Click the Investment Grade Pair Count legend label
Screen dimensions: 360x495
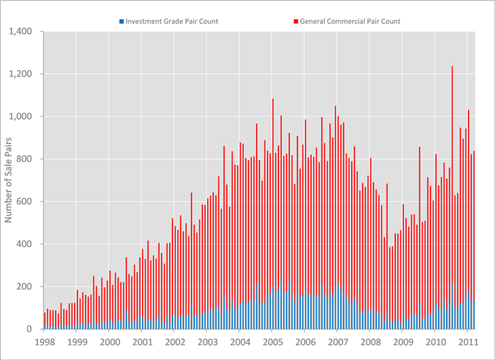tap(172, 21)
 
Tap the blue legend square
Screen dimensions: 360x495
tap(121, 21)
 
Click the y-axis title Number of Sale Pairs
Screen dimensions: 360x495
tap(10, 180)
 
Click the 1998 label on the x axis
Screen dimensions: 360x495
tap(45, 341)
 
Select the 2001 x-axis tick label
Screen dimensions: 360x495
tap(142, 341)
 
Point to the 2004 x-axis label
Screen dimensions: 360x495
tap(241, 341)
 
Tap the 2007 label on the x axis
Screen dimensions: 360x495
tap(338, 341)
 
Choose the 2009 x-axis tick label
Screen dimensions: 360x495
tap(403, 341)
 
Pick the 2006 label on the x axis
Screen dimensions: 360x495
tap(306, 341)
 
